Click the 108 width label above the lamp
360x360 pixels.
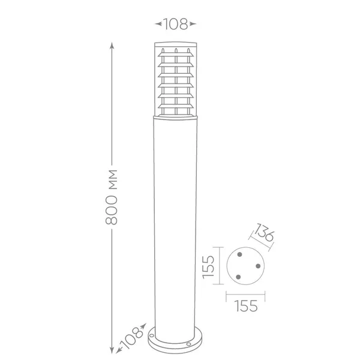click(x=175, y=24)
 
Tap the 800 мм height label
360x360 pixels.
click(x=112, y=197)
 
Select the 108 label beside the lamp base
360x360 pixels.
click(x=131, y=338)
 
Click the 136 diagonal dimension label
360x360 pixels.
click(x=264, y=232)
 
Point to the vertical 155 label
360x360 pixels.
click(x=208, y=267)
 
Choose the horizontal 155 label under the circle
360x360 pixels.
click(x=245, y=306)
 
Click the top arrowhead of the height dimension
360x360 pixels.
click(x=112, y=46)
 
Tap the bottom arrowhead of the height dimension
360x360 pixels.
click(x=112, y=350)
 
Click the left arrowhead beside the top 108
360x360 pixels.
click(x=158, y=23)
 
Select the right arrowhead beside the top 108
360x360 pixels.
click(x=193, y=23)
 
